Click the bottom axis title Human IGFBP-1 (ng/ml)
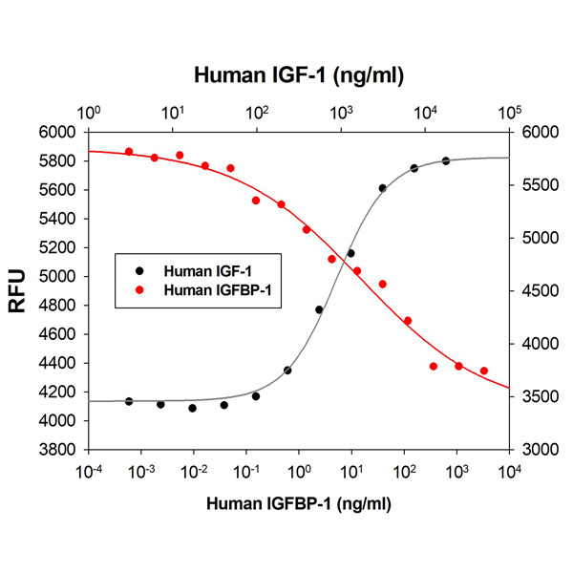(297, 504)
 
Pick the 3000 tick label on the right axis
(538, 449)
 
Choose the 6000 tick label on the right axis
(538, 132)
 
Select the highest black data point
(446, 160)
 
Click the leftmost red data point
(129, 152)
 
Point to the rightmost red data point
(484, 371)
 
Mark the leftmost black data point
(129, 401)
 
